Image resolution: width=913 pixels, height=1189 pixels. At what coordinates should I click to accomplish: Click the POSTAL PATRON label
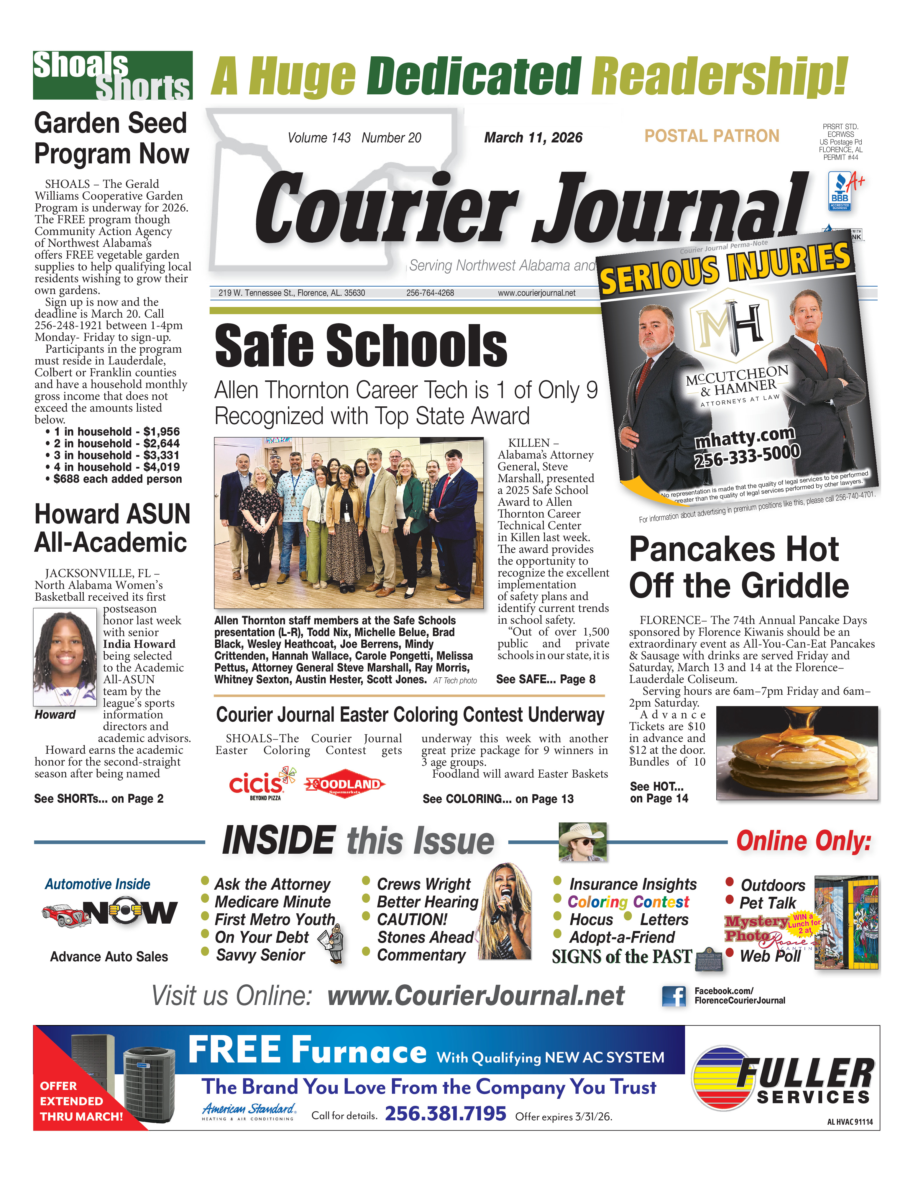pos(711,136)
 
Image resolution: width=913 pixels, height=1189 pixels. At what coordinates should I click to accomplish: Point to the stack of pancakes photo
pos(797,753)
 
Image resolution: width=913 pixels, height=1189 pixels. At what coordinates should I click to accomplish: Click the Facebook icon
pos(674,996)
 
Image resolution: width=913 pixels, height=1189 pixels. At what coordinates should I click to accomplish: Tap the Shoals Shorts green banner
pos(112,75)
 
